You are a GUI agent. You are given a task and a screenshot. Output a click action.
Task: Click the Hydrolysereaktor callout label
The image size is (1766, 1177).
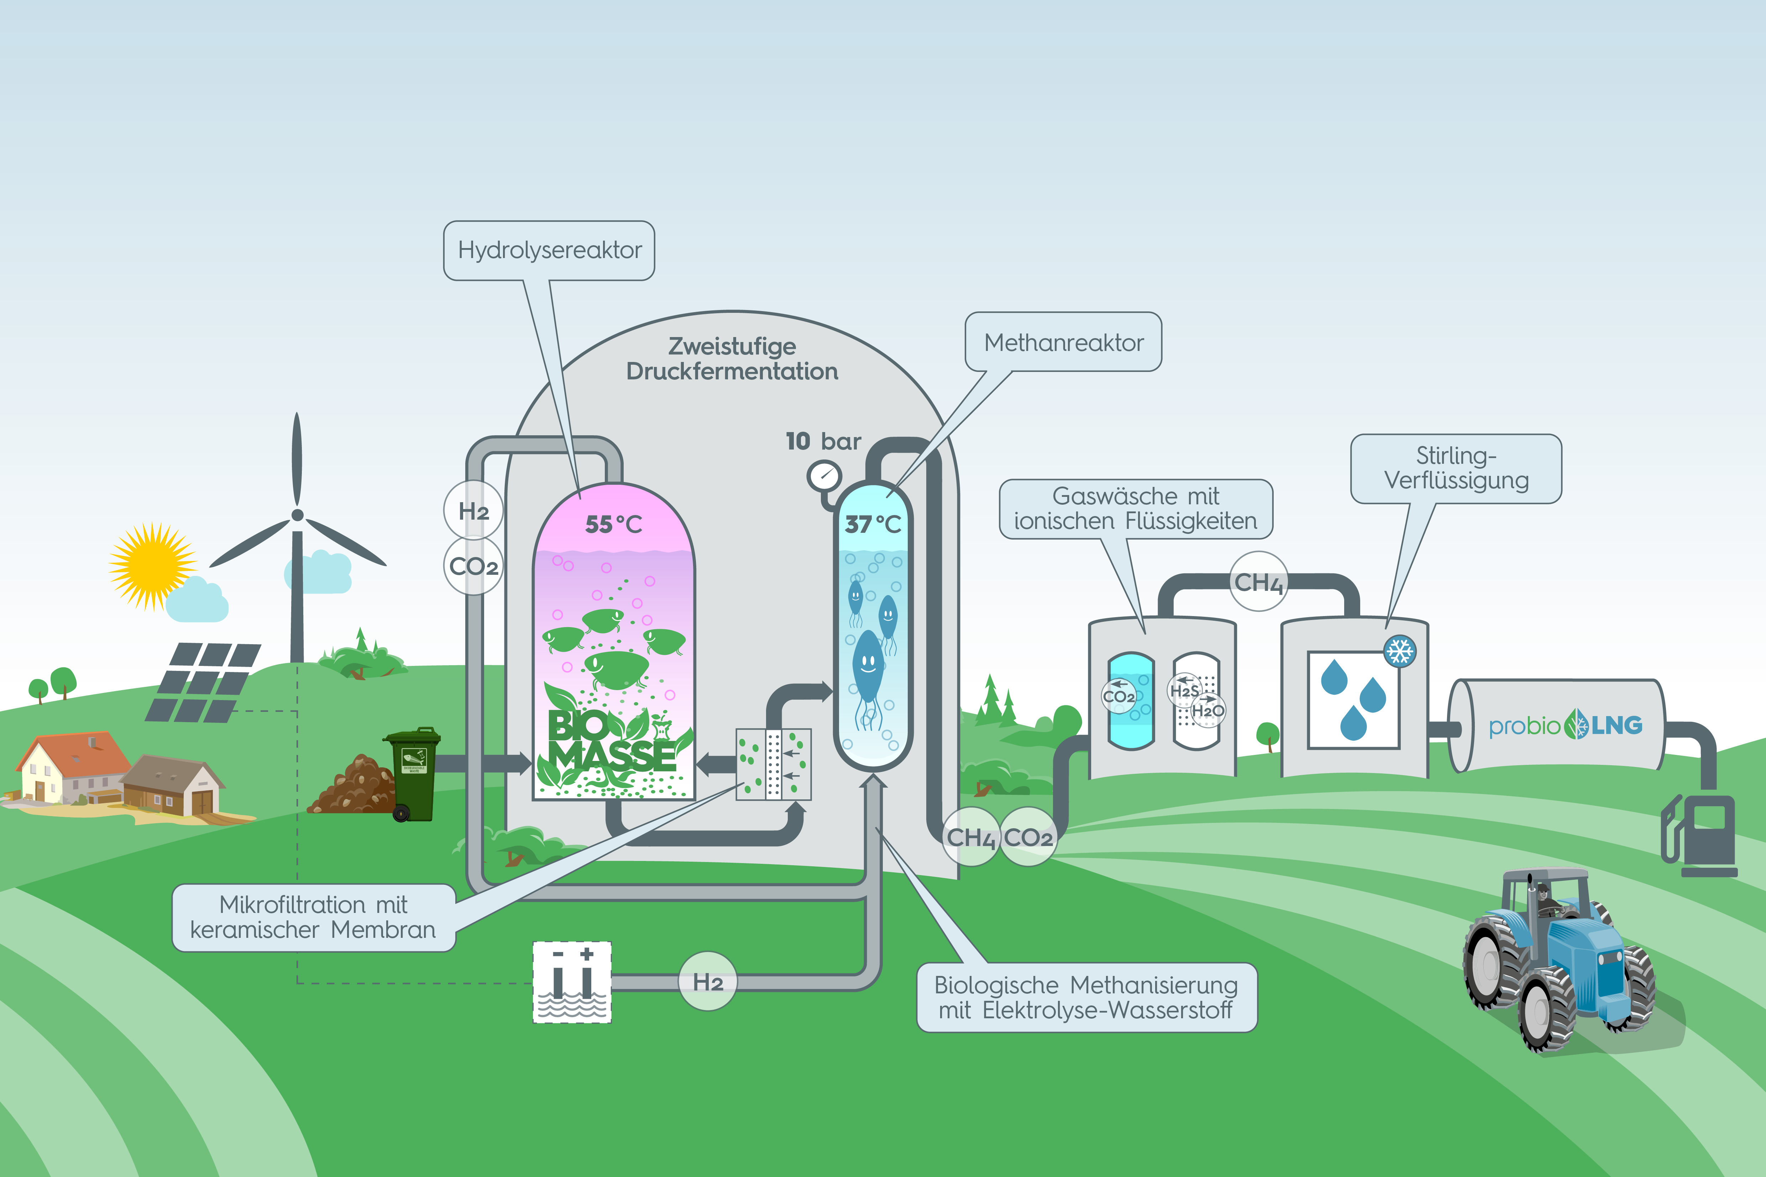(549, 250)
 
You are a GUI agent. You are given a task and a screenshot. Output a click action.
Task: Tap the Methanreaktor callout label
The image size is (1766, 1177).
(1063, 342)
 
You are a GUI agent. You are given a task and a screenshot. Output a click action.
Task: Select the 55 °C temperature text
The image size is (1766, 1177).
(613, 524)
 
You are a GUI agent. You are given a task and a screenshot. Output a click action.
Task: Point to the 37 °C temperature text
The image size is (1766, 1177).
(872, 524)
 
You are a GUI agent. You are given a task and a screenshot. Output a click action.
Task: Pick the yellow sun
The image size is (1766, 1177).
(152, 566)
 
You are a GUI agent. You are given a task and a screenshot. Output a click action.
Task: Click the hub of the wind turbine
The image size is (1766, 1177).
(297, 515)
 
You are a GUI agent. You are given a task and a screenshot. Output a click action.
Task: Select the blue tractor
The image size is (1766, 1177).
(1558, 961)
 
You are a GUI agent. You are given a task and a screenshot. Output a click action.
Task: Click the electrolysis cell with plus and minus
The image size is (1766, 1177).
(572, 982)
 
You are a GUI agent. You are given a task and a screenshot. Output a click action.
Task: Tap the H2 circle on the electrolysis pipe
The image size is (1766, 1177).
(707, 982)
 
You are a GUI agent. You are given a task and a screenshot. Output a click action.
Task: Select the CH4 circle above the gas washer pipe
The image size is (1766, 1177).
(1258, 582)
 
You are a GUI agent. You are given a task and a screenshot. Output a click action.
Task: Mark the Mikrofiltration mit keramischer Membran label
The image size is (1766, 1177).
(313, 917)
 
